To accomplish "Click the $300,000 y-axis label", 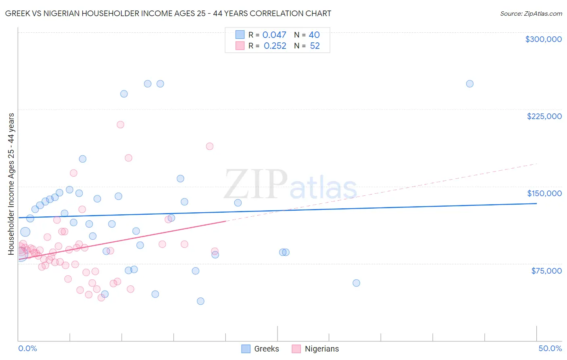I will pos(543,39).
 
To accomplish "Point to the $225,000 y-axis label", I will pos(544,116).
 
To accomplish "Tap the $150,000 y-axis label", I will pos(544,193).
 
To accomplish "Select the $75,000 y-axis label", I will pos(546,271).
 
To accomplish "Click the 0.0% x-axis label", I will pos(27,348).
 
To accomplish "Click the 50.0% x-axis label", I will pos(550,348).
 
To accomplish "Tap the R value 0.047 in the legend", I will pos(274,35).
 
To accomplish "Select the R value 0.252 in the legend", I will pos(275,46).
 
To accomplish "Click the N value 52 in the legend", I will pos(315,46).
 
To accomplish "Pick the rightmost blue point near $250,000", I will pos(469,84).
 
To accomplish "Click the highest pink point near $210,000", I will pos(120,125).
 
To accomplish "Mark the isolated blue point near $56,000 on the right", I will pos(356,283).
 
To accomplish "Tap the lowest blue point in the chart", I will pos(200,301).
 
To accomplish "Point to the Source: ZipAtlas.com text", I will pos(531,13).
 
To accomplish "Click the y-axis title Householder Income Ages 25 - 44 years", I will pos(11,184).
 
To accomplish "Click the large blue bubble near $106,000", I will pos(25,232).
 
